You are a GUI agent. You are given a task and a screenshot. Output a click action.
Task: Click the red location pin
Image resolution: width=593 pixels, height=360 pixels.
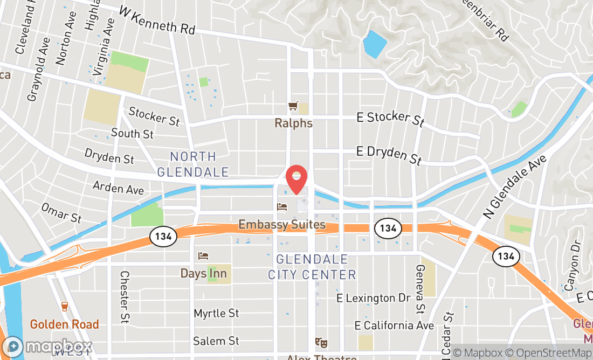click(x=296, y=179)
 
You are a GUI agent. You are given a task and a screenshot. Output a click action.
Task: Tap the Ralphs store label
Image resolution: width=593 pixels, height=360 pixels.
click(x=293, y=123)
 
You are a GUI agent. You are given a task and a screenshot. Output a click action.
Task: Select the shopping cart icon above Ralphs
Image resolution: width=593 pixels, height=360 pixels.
click(x=293, y=106)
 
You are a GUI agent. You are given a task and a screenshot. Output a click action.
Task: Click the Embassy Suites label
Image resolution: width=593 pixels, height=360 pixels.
click(x=282, y=225)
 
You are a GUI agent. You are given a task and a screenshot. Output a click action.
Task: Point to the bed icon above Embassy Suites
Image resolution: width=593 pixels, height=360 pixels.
click(x=282, y=206)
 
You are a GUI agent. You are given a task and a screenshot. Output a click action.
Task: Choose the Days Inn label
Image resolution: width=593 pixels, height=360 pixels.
click(x=203, y=274)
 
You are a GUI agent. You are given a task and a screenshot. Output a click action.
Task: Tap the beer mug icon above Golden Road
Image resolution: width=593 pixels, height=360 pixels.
click(x=65, y=307)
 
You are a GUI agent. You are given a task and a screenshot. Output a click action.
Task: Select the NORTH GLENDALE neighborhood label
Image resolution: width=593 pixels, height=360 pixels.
click(x=193, y=164)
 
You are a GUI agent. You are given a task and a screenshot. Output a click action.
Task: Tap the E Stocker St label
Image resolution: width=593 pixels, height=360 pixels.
click(x=391, y=119)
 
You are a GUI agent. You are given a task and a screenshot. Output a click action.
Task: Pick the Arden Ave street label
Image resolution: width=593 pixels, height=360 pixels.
click(x=118, y=188)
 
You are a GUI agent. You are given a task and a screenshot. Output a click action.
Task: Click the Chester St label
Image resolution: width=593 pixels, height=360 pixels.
click(x=125, y=297)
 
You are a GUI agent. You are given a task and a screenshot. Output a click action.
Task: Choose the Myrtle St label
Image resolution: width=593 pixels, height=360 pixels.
click(x=216, y=313)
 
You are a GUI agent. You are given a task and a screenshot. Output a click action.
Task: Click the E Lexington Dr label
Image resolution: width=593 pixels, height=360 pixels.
click(x=374, y=298)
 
